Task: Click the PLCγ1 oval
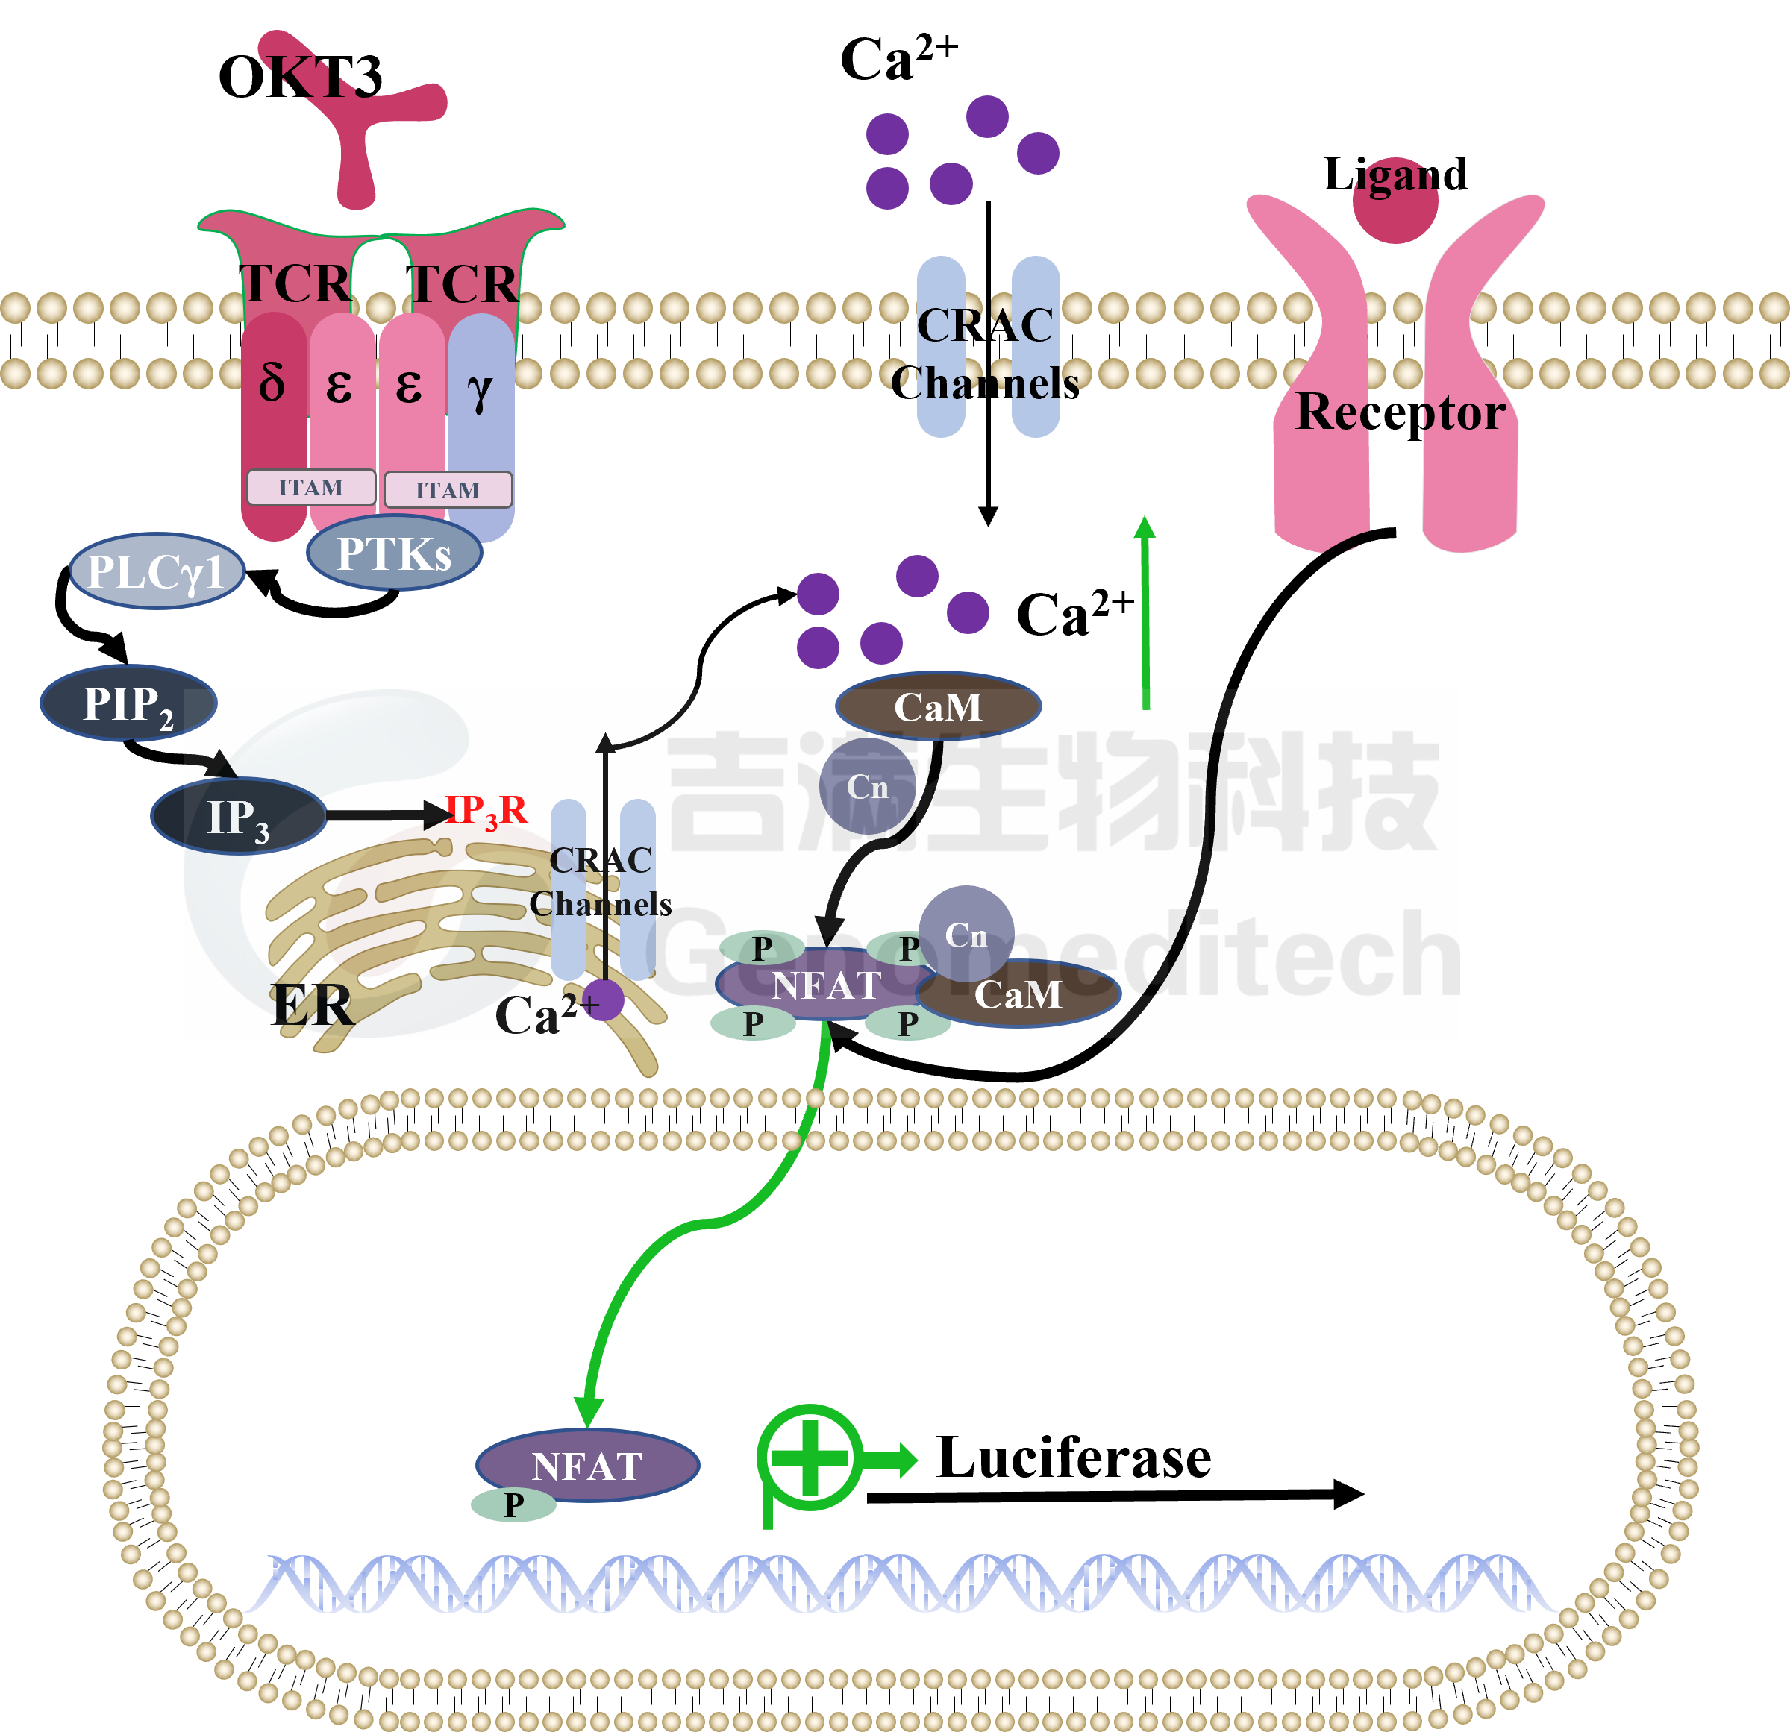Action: coord(157,571)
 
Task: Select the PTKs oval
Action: coord(394,553)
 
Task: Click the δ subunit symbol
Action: coord(272,383)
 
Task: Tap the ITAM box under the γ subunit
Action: coord(448,490)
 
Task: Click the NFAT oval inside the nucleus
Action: coord(587,1466)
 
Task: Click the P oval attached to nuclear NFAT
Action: coord(513,1504)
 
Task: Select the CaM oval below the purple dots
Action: coord(938,706)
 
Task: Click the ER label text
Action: coord(311,1005)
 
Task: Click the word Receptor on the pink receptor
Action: coord(1399,412)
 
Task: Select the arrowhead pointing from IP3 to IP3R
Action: coord(436,815)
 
